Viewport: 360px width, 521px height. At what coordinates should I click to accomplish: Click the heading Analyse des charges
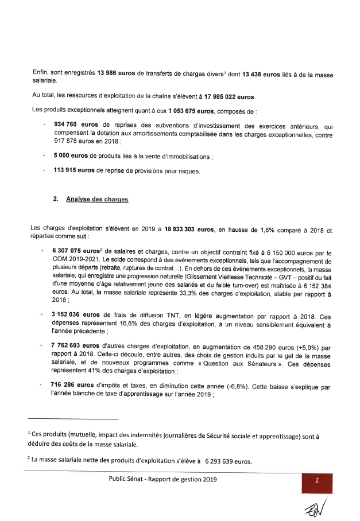pos(97,199)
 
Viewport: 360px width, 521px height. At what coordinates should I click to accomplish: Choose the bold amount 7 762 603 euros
pos(76,347)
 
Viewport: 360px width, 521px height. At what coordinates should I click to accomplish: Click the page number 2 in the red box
pos(316,481)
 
